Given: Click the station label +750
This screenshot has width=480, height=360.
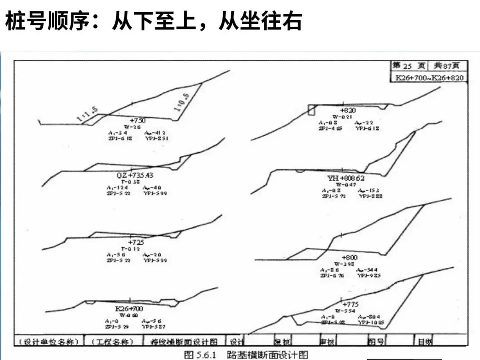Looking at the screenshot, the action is click(137, 120).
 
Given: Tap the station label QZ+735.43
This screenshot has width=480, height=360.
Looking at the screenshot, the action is click(135, 176).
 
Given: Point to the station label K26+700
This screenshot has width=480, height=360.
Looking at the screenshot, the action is click(129, 308).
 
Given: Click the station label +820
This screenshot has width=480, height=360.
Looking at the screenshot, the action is click(348, 110).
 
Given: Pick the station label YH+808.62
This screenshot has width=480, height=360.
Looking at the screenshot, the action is click(346, 178).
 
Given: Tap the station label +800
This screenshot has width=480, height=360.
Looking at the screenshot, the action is click(349, 257).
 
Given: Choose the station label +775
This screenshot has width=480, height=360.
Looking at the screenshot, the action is click(350, 304).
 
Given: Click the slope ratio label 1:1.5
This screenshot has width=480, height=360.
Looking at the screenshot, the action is click(87, 114).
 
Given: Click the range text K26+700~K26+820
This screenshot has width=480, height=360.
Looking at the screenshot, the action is click(429, 78).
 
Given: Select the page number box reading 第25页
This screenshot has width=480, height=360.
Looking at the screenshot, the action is click(408, 66).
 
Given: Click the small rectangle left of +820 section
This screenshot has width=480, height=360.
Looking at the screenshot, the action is click(312, 110).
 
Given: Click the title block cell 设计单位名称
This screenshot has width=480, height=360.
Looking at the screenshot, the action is click(49, 342).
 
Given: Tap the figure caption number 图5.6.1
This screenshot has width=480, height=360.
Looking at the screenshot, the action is click(200, 355).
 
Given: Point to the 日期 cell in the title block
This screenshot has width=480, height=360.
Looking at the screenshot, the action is click(424, 342).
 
